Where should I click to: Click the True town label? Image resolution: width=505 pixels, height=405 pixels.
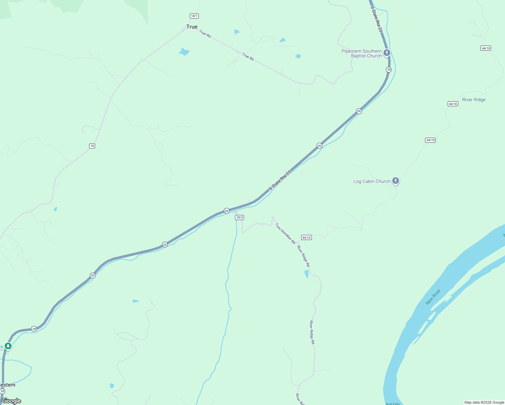pos(192,27)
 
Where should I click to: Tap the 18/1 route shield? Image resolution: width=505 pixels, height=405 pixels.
pos(194,16)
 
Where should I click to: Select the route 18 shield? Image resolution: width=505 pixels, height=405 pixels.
pos(92,146)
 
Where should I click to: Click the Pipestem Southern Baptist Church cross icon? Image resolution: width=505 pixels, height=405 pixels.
pos(387,53)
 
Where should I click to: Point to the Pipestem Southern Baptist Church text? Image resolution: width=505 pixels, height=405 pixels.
pos(362,53)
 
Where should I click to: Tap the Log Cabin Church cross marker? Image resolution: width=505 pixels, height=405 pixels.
pos(396,181)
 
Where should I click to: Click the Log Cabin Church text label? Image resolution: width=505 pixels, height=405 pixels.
pos(372,181)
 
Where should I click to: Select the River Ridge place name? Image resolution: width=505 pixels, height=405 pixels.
pos(474,100)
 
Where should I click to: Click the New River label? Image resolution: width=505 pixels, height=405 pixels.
pos(433,297)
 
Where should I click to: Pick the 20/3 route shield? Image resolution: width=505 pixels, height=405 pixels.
pos(239,217)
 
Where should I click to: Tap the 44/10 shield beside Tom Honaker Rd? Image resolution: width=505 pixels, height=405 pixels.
pos(306,238)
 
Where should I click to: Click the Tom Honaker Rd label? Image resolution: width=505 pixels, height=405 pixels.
pos(285,233)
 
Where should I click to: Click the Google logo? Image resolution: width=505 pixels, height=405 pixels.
pos(11,401)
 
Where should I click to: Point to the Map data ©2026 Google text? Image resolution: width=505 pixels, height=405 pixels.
pos(484,402)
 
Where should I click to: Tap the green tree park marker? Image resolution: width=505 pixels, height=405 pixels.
pos(8,346)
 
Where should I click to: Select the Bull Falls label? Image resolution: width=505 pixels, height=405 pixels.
pos(393,404)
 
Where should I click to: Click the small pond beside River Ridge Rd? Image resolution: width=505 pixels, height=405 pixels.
pos(307,274)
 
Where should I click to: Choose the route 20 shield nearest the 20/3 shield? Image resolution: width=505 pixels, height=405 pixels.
pos(227,211)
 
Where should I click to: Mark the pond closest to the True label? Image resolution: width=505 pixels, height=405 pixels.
pos(184,52)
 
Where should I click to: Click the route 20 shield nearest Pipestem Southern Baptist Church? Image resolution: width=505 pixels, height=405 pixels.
pos(389,70)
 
